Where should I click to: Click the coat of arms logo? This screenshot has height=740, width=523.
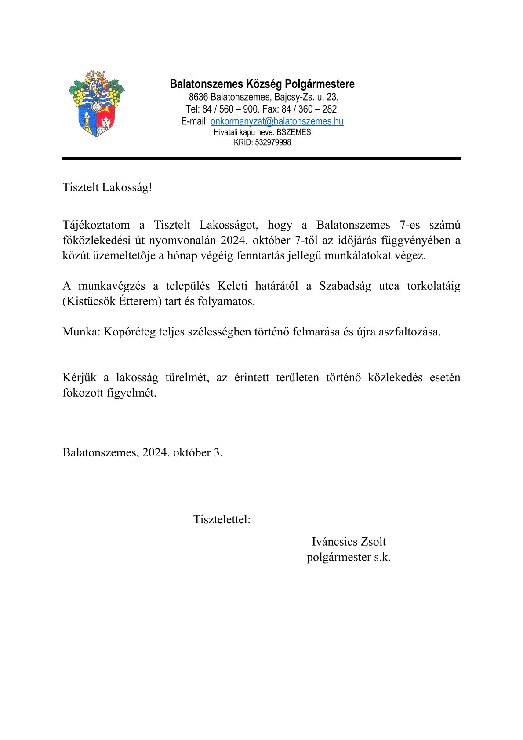(x=97, y=104)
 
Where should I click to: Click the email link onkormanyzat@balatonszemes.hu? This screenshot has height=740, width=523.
(x=277, y=121)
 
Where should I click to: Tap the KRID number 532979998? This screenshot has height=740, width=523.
(x=272, y=142)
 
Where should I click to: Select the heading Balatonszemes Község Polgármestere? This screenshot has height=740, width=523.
(x=262, y=84)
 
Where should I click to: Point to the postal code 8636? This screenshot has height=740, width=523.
(x=198, y=97)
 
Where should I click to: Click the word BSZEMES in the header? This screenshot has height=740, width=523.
(x=294, y=132)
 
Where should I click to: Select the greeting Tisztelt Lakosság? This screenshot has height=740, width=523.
(x=107, y=187)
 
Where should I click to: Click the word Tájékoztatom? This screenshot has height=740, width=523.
(x=96, y=225)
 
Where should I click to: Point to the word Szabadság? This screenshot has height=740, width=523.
(x=345, y=286)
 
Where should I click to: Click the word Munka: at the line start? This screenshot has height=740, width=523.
(x=81, y=332)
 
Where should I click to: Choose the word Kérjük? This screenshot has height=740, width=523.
(x=79, y=378)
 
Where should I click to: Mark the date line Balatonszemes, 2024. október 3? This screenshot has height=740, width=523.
(x=142, y=452)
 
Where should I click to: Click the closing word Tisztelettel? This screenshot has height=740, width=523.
(x=222, y=519)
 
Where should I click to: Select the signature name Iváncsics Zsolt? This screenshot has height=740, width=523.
(x=349, y=542)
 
